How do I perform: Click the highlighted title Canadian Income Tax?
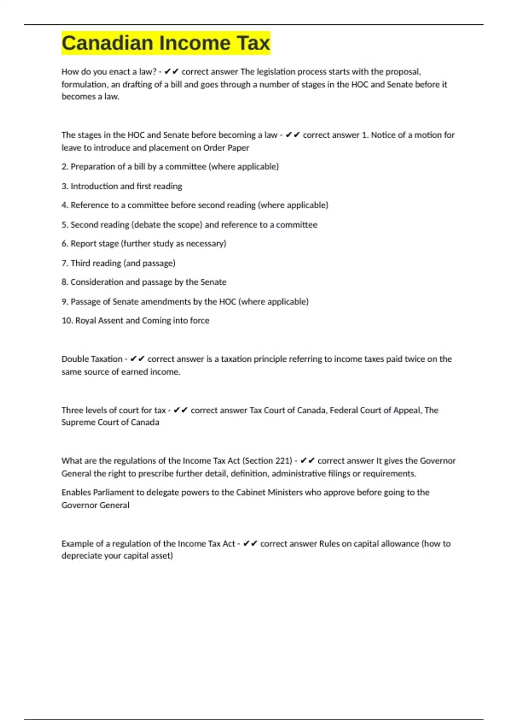tap(166, 43)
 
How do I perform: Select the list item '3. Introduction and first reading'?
tap(122, 186)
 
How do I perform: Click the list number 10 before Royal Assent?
tap(67, 320)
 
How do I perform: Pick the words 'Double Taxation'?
tap(92, 359)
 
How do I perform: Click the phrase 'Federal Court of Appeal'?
tap(375, 410)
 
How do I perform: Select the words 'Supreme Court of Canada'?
tap(110, 422)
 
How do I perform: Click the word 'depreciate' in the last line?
tap(81, 556)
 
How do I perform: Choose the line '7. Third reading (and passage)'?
tap(119, 263)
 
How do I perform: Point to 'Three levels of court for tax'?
tap(113, 410)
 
